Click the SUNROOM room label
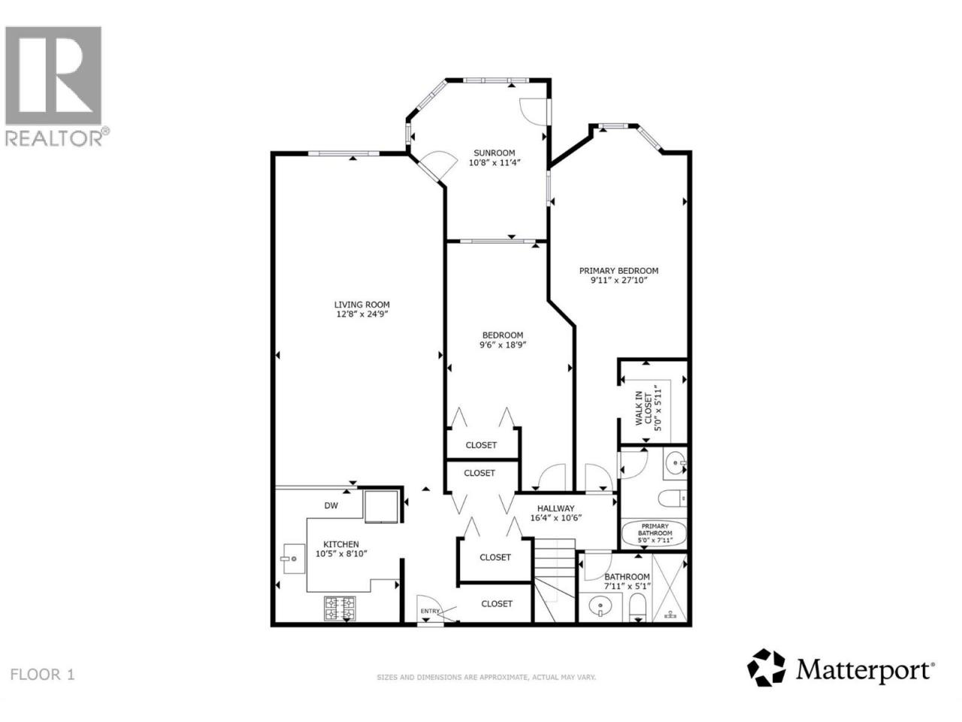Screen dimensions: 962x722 [494, 153]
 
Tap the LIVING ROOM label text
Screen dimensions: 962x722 [362, 305]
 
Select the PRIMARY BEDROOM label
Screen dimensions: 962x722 [619, 271]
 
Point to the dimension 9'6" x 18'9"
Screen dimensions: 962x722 [502, 344]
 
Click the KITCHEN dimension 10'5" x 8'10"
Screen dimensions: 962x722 [341, 554]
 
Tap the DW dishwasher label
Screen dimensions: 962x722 [331, 505]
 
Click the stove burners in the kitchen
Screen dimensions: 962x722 [340, 608]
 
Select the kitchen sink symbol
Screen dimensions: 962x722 [293, 559]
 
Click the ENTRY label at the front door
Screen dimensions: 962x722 [430, 611]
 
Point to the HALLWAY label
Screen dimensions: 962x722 [555, 508]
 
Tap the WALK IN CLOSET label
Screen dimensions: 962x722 [643, 408]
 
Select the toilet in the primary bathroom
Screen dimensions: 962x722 [671, 499]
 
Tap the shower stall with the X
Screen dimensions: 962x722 [669, 588]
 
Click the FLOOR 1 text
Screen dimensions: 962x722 [43, 675]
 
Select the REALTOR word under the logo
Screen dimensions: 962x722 [54, 138]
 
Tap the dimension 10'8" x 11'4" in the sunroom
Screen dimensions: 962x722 [495, 162]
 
